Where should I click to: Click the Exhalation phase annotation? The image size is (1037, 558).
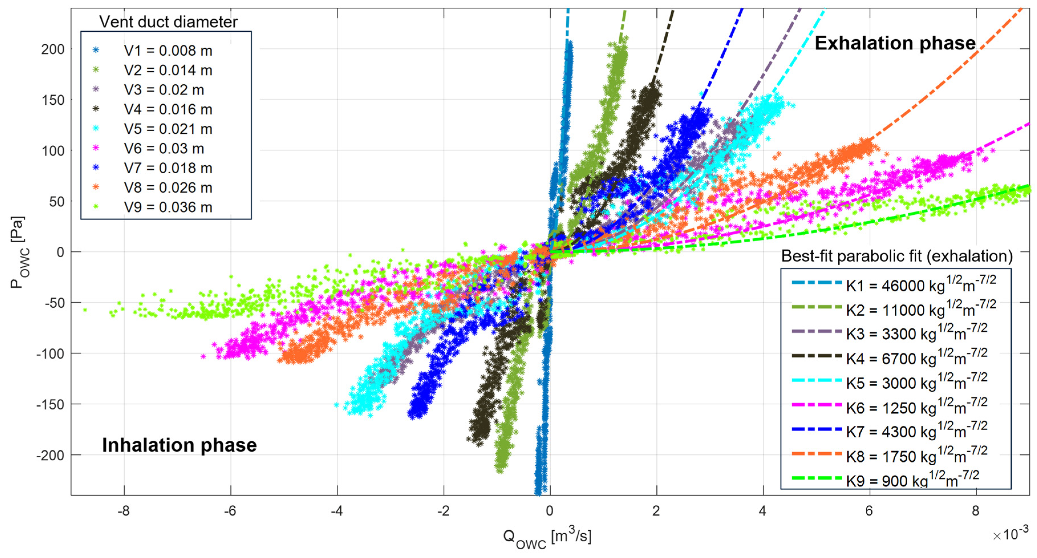[894, 43]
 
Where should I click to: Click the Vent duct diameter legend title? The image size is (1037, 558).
[168, 22]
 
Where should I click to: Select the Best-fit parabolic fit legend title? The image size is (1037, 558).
[896, 256]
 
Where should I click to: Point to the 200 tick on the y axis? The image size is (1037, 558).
[53, 49]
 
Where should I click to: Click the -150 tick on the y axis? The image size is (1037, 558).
[50, 405]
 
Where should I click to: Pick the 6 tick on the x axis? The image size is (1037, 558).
[869, 511]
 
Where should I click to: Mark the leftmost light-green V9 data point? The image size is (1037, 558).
[85, 310]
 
